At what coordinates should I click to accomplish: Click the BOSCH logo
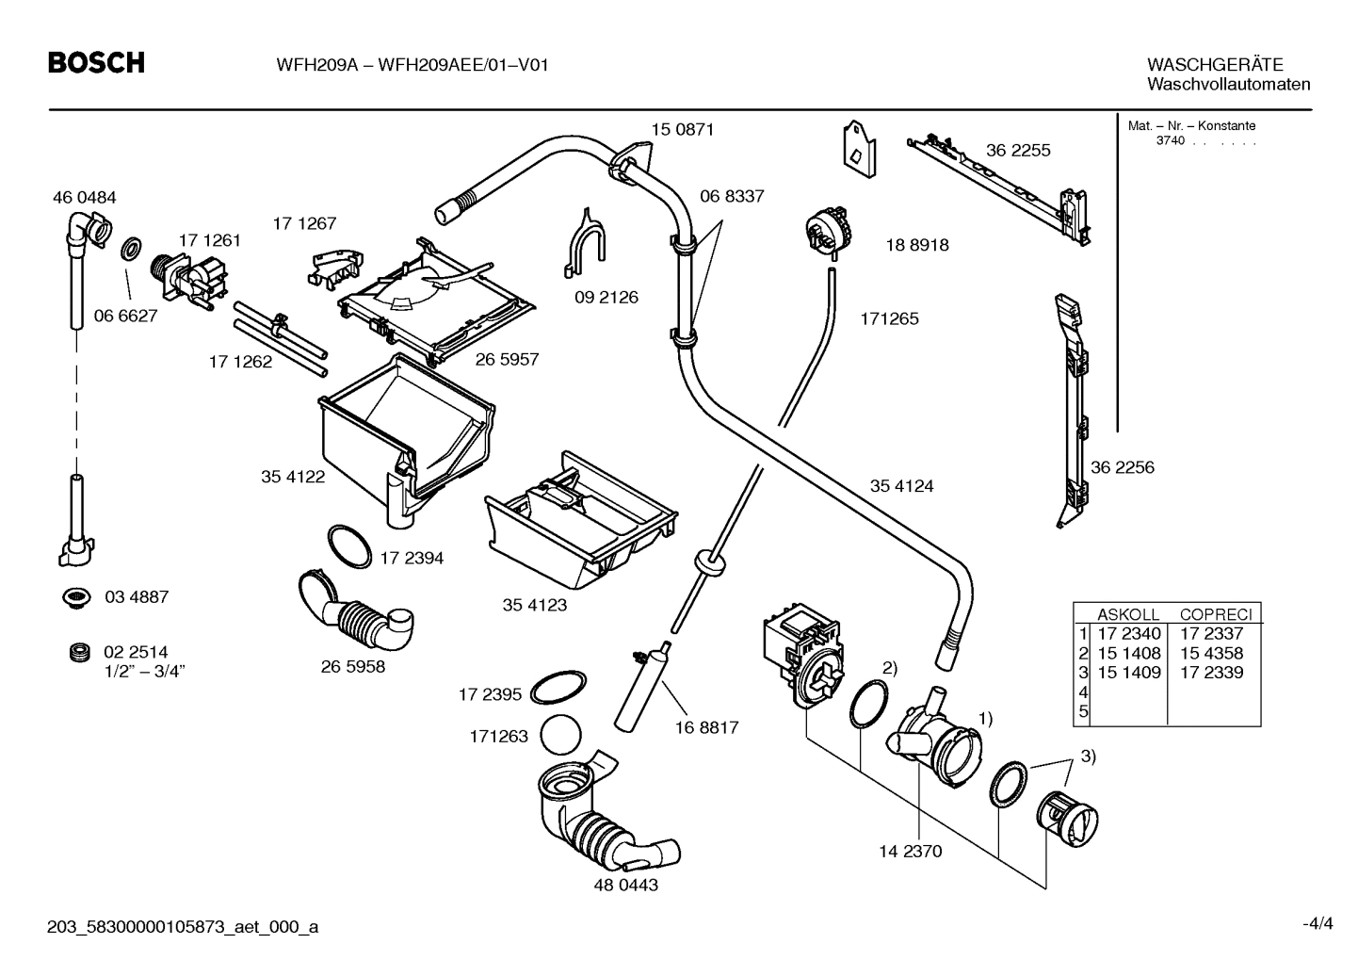tap(96, 63)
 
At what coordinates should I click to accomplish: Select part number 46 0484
tap(84, 198)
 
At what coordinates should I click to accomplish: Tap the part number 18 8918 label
tap(916, 245)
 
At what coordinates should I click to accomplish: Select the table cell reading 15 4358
tap(1211, 653)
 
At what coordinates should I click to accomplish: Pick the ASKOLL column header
tap(1127, 614)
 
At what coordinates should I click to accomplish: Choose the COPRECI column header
tap(1215, 614)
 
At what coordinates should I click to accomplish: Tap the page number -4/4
tap(1317, 923)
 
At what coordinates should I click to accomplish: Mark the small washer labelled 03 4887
tap(73, 596)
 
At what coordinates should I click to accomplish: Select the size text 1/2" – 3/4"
tap(144, 671)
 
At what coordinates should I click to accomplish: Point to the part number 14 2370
tap(910, 852)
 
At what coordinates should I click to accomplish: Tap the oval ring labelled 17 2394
tap(348, 547)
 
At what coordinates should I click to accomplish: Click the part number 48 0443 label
tap(626, 886)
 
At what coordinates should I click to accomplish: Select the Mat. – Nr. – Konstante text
tap(1191, 125)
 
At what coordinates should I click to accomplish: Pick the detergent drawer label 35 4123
tap(535, 605)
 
